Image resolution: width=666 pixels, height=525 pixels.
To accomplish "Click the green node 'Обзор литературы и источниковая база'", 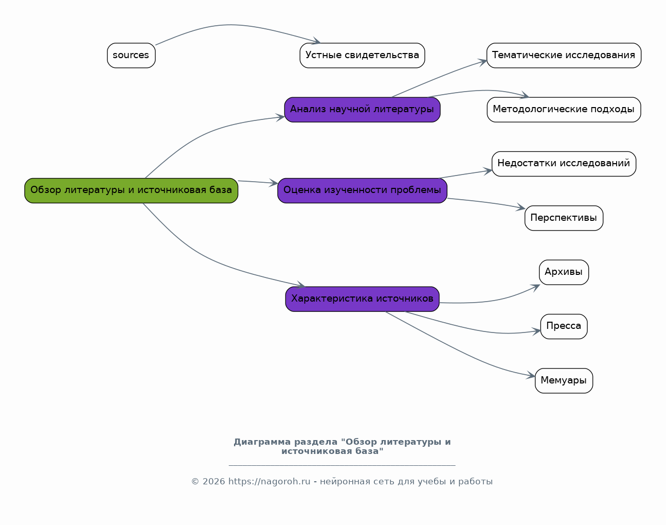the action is pos(131,190).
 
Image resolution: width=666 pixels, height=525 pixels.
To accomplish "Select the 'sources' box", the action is pos(131,56).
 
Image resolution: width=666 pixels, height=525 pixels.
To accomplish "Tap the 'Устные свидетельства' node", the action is pos(362,56).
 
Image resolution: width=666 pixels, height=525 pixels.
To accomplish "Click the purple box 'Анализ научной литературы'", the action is pos(362,110).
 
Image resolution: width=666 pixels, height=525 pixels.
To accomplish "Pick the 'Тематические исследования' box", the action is pos(564,56).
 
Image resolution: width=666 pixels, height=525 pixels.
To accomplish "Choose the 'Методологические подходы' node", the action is pos(564,110).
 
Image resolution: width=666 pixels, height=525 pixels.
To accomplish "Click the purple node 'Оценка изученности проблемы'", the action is pos(362,190).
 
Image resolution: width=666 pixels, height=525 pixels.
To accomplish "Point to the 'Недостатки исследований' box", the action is pos(564,164).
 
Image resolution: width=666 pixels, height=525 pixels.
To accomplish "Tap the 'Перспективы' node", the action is pos(564,218).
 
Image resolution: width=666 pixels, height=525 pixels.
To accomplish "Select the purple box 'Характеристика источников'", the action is pos(362,299).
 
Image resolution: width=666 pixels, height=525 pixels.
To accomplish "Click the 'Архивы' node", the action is pos(564,272).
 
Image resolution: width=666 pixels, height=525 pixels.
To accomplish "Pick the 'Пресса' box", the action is pos(564,326).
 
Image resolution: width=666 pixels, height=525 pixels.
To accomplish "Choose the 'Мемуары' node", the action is pos(564,381).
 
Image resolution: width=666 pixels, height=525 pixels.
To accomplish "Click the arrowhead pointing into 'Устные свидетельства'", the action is pos(317,41).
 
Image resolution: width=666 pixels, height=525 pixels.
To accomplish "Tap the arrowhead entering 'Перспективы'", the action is pos(520,207).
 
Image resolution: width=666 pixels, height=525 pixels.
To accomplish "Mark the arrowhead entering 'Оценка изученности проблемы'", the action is pos(273,183).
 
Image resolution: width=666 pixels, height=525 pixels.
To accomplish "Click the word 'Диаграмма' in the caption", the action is pos(262,442).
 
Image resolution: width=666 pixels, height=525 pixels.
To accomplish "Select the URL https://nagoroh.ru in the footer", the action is pos(269,482).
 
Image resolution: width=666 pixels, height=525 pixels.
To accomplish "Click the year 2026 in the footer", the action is pos(213,482).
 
